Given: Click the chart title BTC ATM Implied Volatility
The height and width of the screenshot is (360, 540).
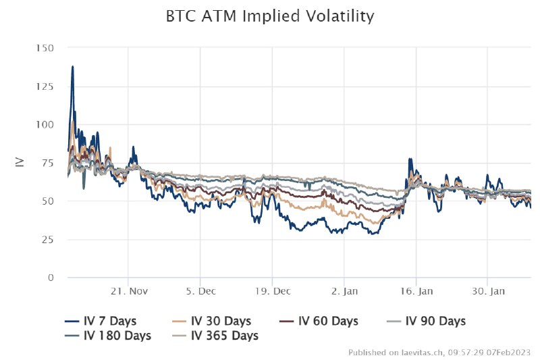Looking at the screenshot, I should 270,16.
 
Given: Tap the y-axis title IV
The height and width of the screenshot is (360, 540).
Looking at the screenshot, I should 20,163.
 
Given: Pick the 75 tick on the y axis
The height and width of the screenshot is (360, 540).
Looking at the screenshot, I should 47,163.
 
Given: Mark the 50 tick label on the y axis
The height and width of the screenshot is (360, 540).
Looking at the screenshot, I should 47,201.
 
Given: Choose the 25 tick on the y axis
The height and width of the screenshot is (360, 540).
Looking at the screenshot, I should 47,240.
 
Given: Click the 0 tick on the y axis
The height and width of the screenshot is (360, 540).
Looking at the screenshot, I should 51,278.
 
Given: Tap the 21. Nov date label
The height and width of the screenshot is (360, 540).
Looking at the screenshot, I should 128,291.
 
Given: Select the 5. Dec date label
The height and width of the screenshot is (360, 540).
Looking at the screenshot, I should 200,291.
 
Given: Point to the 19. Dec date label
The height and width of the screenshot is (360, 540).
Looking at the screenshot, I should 272,291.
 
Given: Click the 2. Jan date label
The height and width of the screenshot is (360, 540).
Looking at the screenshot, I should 344,291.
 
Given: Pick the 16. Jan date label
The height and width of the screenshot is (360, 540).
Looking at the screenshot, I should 416,291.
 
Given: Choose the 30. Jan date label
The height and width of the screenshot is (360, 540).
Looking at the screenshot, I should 487,291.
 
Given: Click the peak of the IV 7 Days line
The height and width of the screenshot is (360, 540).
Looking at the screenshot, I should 72,66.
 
